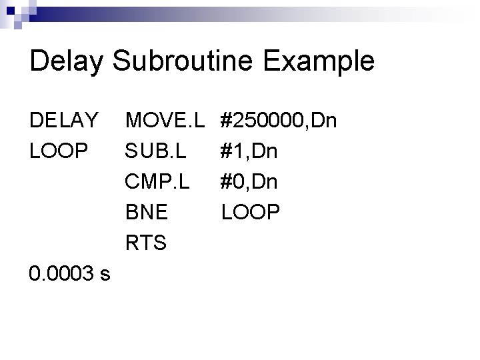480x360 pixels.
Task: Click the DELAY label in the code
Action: pyautogui.click(x=64, y=121)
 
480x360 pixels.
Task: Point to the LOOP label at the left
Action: pyautogui.click(x=59, y=151)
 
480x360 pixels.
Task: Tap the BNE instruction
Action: pyautogui.click(x=146, y=212)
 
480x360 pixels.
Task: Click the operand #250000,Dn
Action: pyautogui.click(x=279, y=121)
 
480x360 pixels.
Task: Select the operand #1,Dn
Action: pyautogui.click(x=249, y=151)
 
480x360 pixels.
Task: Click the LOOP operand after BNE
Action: pyautogui.click(x=251, y=212)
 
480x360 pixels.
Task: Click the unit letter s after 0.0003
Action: pyautogui.click(x=106, y=275)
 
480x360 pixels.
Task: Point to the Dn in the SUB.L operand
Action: pyautogui.click(x=265, y=151)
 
